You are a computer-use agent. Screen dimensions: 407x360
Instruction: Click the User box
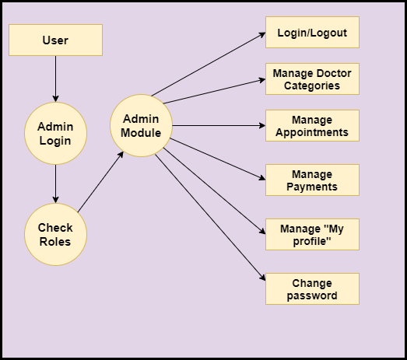(x=55, y=40)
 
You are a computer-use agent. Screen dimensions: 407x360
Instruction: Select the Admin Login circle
(x=55, y=133)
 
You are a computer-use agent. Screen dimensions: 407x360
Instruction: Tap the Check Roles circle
(x=55, y=235)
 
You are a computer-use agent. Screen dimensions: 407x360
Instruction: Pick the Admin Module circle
(x=141, y=125)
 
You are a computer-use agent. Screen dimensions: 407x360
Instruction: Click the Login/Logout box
(x=312, y=32)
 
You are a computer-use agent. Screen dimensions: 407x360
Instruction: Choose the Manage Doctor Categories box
(x=312, y=79)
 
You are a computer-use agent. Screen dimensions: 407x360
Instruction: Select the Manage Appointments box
(x=312, y=125)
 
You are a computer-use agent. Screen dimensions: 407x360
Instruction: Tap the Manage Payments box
(x=312, y=180)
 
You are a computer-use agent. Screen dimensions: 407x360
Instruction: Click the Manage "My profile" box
(x=312, y=235)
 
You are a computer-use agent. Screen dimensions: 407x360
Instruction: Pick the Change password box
(x=312, y=289)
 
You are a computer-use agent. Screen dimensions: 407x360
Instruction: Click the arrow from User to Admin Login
(x=55, y=79)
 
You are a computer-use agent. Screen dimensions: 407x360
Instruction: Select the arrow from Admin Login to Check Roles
(x=55, y=184)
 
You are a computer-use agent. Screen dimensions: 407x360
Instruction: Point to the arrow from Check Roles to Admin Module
(x=100, y=182)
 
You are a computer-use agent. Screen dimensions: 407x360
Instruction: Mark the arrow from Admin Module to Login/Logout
(x=209, y=64)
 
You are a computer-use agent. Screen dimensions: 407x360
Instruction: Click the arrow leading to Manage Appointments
(x=219, y=125)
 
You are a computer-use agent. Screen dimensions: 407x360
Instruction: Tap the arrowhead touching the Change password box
(x=262, y=278)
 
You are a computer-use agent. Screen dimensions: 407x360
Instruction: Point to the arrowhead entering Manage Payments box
(x=262, y=178)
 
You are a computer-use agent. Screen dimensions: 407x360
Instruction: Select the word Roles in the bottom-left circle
(x=55, y=242)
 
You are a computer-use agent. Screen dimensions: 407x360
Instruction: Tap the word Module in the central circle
(x=141, y=133)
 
